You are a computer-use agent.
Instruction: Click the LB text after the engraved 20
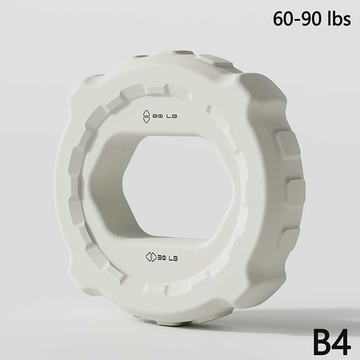click(171, 117)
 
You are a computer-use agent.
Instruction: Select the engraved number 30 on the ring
click(162, 258)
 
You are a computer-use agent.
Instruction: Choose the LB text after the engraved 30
click(173, 259)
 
